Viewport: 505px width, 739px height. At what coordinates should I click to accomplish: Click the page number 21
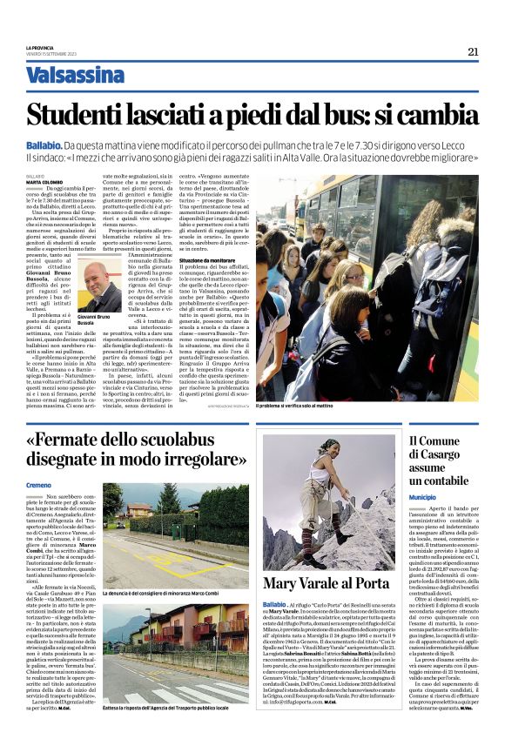pyautogui.click(x=473, y=51)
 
